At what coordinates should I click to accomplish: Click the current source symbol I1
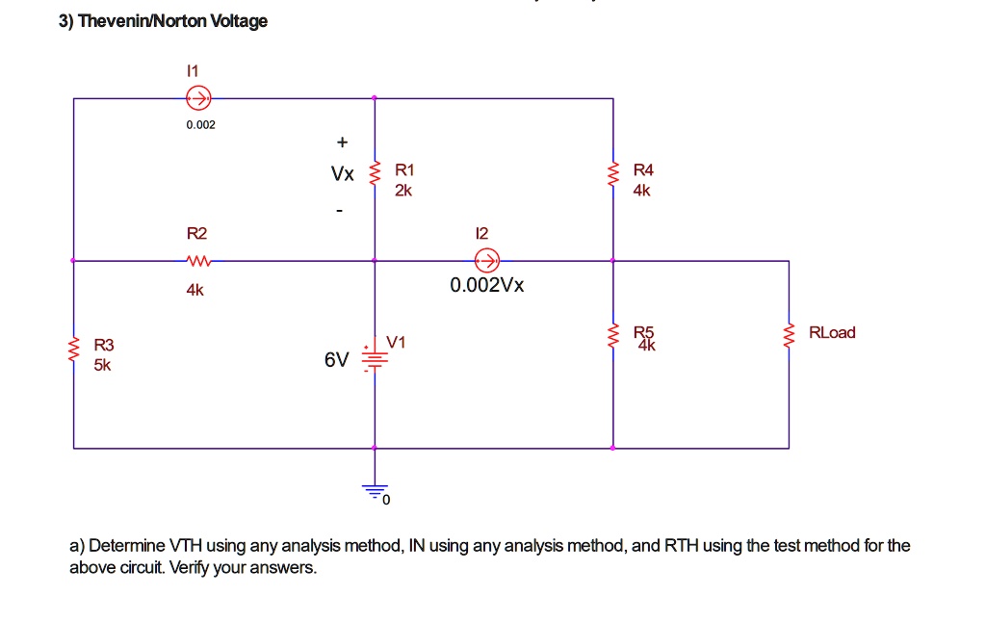pyautogui.click(x=198, y=97)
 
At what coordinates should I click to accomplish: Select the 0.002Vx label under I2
pyautogui.click(x=487, y=286)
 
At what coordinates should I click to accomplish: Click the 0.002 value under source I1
pyautogui.click(x=201, y=125)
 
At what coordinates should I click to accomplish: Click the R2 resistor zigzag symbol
pyautogui.click(x=197, y=260)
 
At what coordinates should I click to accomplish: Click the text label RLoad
pyautogui.click(x=832, y=332)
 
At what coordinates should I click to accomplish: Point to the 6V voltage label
pyautogui.click(x=337, y=360)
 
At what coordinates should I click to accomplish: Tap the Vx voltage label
pyautogui.click(x=342, y=174)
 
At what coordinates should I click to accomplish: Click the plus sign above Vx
pyautogui.click(x=341, y=143)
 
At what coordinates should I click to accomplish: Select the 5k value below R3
pyautogui.click(x=102, y=366)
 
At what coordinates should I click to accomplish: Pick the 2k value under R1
pyautogui.click(x=403, y=191)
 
